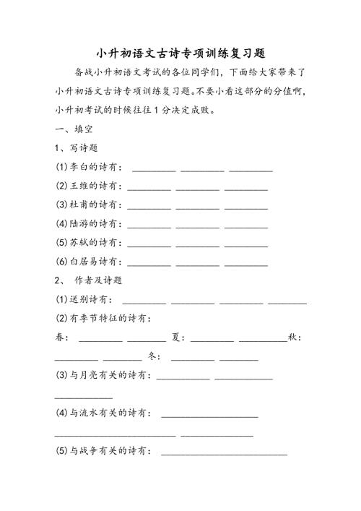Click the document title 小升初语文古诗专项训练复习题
click(x=180, y=53)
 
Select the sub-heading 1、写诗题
click(x=77, y=148)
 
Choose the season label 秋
click(x=292, y=337)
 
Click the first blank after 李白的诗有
click(x=154, y=169)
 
